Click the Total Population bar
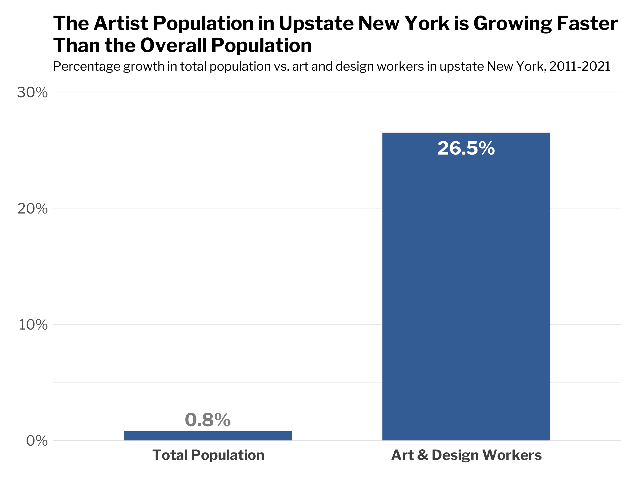[208, 436]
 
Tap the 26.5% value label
[466, 148]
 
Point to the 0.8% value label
[208, 420]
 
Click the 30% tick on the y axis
[32, 92]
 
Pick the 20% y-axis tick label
[32, 209]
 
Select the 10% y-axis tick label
[33, 325]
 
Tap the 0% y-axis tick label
[37, 441]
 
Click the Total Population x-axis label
[208, 455]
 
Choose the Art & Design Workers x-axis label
[466, 455]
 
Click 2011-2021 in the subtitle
[580, 67]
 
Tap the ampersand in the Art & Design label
[423, 455]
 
